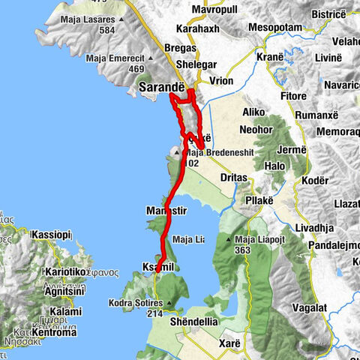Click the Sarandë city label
(x=162, y=88)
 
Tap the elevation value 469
(x=136, y=70)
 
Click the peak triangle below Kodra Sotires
(x=169, y=304)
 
